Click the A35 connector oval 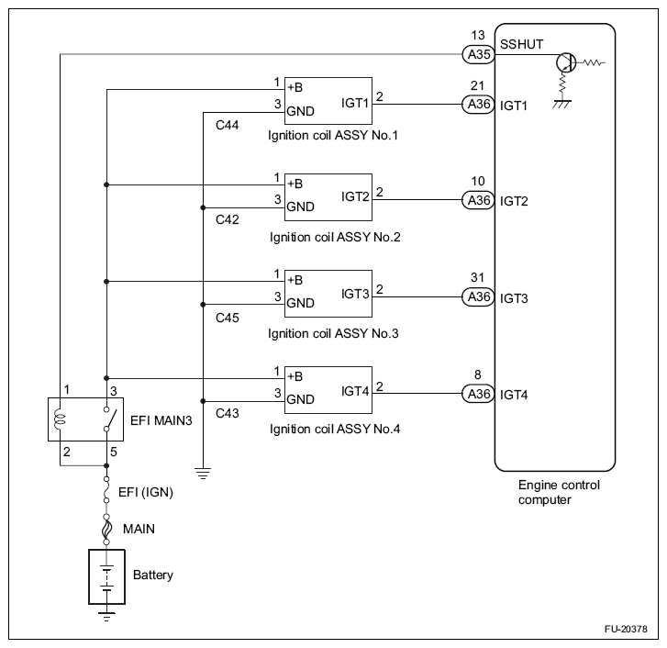[x=478, y=54]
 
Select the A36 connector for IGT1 [x=478, y=105]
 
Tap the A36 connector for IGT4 [x=478, y=395]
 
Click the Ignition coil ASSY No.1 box [x=328, y=100]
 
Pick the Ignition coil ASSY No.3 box [x=328, y=293]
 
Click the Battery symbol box [x=107, y=575]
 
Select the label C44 [x=228, y=125]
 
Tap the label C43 [x=228, y=414]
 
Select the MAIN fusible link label [x=139, y=529]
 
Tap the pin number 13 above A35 [x=477, y=36]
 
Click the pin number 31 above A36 [x=477, y=277]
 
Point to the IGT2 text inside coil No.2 [x=355, y=196]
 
